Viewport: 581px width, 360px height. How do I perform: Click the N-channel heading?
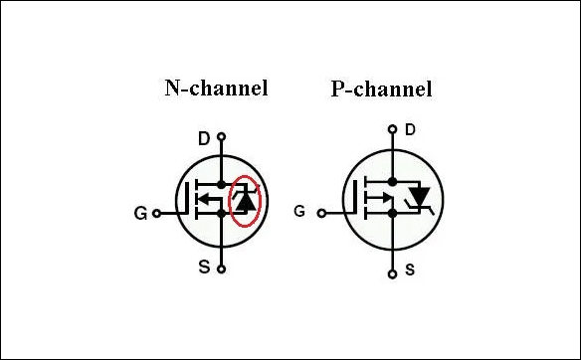tap(216, 88)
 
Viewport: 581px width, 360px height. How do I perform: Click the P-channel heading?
tap(381, 90)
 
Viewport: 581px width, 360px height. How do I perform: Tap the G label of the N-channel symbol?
tap(140, 213)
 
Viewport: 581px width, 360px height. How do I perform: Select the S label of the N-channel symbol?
tap(204, 267)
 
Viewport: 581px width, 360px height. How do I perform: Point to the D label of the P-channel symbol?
tap(410, 130)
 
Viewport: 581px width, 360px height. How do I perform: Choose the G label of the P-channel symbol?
tap(299, 211)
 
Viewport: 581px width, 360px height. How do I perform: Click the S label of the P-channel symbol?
tap(410, 270)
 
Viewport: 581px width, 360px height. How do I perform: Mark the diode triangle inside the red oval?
tap(244, 202)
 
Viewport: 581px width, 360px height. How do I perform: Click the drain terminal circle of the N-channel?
tap(222, 136)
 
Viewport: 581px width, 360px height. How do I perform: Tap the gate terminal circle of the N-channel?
tap(154, 212)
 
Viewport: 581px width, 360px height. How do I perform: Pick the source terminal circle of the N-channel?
tap(222, 268)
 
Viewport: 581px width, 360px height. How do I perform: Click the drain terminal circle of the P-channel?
tap(393, 128)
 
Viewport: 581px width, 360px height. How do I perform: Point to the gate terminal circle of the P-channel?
tap(320, 211)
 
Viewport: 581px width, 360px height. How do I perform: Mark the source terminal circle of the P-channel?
tap(394, 271)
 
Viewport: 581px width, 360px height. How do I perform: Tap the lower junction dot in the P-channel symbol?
tap(394, 213)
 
